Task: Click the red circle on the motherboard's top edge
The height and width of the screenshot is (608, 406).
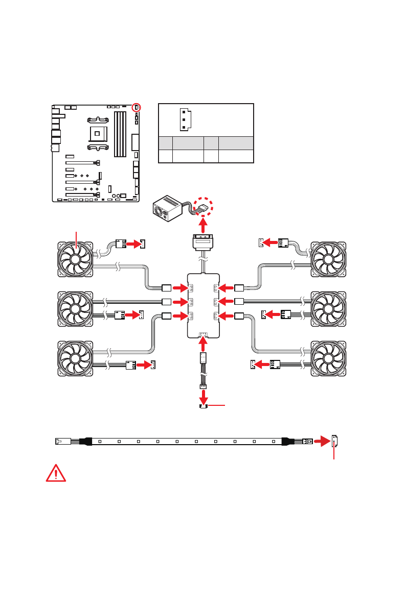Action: point(137,107)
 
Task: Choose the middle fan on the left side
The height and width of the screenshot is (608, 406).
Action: point(75,308)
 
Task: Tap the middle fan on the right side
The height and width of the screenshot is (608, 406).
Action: point(329,308)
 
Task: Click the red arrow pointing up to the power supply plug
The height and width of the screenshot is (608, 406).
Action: point(203,224)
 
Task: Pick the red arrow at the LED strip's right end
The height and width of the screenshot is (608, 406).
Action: point(322,441)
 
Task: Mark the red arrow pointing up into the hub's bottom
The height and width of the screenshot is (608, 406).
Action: point(203,345)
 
